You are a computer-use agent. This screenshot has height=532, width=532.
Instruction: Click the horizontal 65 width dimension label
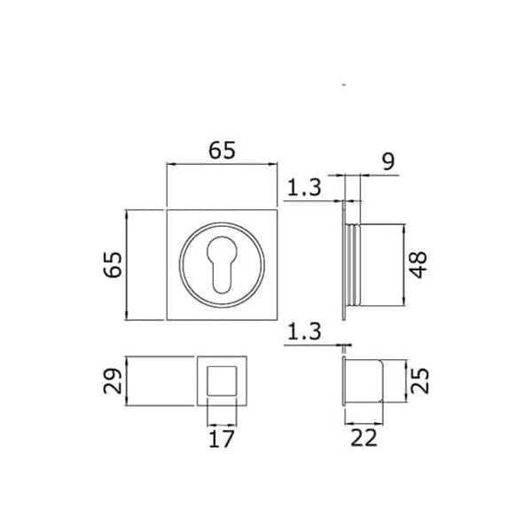coord(223,151)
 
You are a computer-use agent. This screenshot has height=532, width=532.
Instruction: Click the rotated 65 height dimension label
coord(113,264)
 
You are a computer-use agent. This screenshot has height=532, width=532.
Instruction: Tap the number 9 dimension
coord(389,163)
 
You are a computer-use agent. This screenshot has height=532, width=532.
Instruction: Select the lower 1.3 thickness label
coord(304,332)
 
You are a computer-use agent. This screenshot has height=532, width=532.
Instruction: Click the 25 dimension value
coord(422,382)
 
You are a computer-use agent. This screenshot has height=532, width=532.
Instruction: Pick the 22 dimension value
coord(364,437)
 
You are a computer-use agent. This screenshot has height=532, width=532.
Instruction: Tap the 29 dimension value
coord(113,382)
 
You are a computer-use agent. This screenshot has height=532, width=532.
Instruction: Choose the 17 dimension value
coord(223,437)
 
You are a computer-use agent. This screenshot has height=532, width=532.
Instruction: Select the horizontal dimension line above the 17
coord(223,422)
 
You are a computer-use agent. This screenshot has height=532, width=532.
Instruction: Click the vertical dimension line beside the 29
coord(129,382)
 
